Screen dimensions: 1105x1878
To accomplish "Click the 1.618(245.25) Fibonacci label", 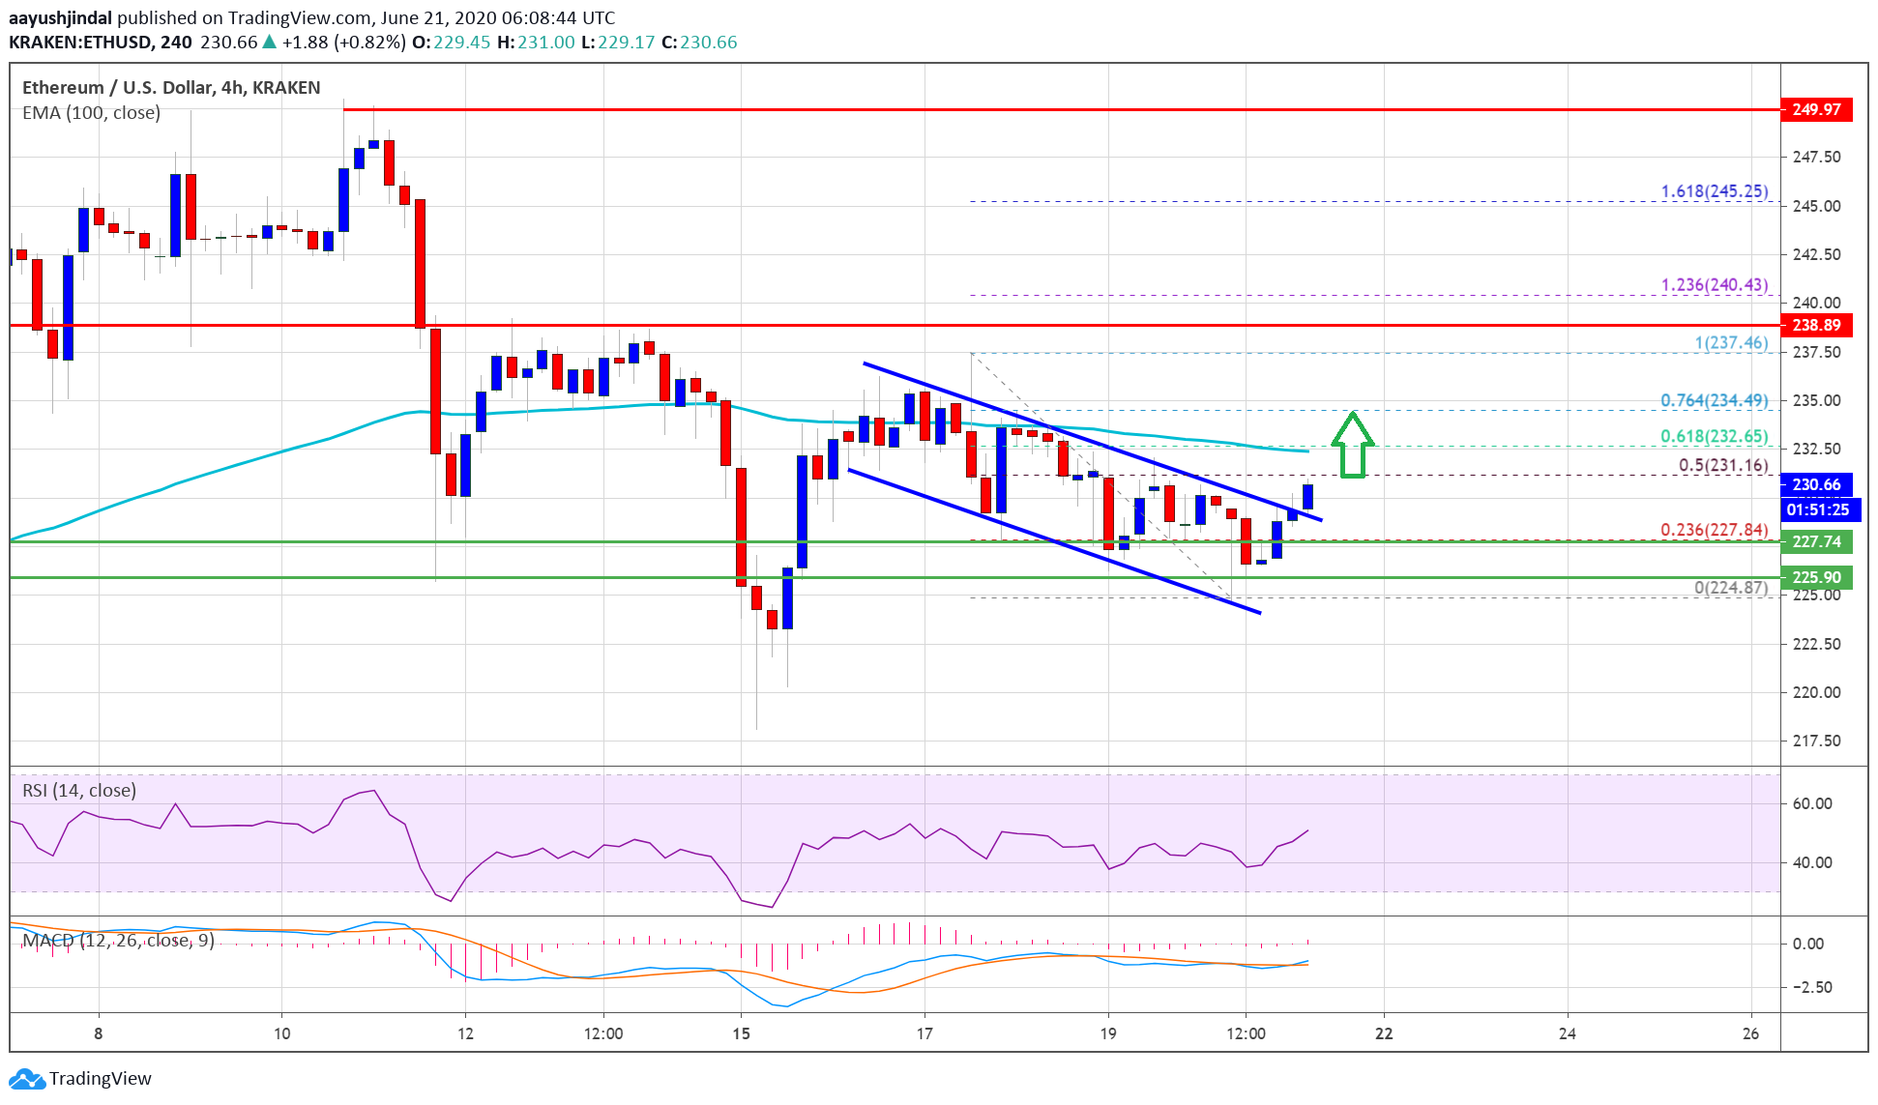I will [x=1714, y=191].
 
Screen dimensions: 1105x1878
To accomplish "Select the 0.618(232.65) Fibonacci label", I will [x=1714, y=436].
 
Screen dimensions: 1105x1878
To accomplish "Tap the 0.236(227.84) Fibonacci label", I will [x=1714, y=530].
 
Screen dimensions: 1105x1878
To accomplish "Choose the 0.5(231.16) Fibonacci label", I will [x=1722, y=465].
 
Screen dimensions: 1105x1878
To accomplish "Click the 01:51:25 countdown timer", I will [x=1817, y=509].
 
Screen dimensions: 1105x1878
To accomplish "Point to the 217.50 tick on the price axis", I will [x=1816, y=741].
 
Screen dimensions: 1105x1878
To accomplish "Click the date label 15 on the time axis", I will [x=741, y=1033].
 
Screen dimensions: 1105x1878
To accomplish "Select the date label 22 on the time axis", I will [x=1384, y=1033].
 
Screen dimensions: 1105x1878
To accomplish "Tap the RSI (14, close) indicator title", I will [x=79, y=790].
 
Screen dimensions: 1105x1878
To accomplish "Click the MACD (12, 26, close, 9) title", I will [x=118, y=941].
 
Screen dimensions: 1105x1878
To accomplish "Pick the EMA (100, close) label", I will [x=91, y=112].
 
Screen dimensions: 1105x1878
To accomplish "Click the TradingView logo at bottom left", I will [x=81, y=1078].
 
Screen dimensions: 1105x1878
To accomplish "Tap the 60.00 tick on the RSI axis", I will [x=1811, y=803].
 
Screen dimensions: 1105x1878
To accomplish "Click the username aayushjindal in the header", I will [x=60, y=17].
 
